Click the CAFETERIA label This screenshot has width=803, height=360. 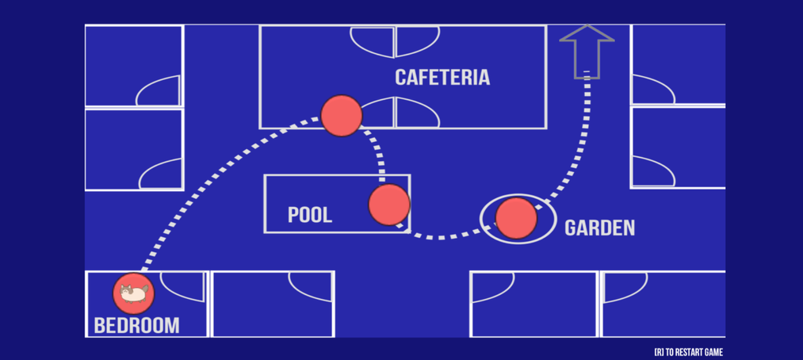pos(442,78)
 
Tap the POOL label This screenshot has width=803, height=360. pos(310,215)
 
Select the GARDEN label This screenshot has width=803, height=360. pos(599,228)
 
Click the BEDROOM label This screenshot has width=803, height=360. pos(136,325)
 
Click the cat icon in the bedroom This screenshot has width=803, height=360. pos(133,294)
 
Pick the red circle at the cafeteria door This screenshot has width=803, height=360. pos(342,116)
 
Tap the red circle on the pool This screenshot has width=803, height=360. pos(389,205)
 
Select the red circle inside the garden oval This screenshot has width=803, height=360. pos(516,219)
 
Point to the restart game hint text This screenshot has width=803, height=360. pos(688,352)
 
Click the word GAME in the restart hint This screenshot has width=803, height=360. pos(713,352)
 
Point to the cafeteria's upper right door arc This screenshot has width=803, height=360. pos(416,41)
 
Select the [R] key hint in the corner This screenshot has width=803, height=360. pos(659,352)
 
